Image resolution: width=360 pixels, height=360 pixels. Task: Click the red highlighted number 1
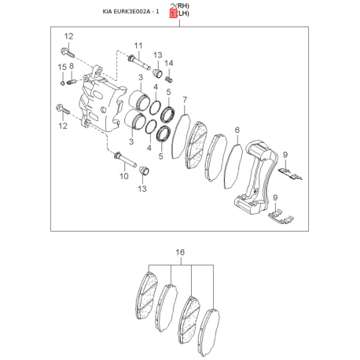[173, 13]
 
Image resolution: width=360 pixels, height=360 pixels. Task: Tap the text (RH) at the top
[182, 6]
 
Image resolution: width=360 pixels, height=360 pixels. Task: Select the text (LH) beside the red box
[182, 13]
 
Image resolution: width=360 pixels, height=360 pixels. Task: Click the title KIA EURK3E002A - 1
[130, 12]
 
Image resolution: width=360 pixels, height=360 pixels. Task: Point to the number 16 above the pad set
[180, 252]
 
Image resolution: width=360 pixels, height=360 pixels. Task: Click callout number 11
[138, 46]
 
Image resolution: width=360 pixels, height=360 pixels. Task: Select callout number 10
[124, 176]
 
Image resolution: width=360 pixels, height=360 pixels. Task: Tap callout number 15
[62, 68]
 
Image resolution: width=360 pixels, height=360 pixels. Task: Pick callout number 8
[72, 66]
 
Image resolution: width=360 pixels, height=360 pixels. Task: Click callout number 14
[169, 63]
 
